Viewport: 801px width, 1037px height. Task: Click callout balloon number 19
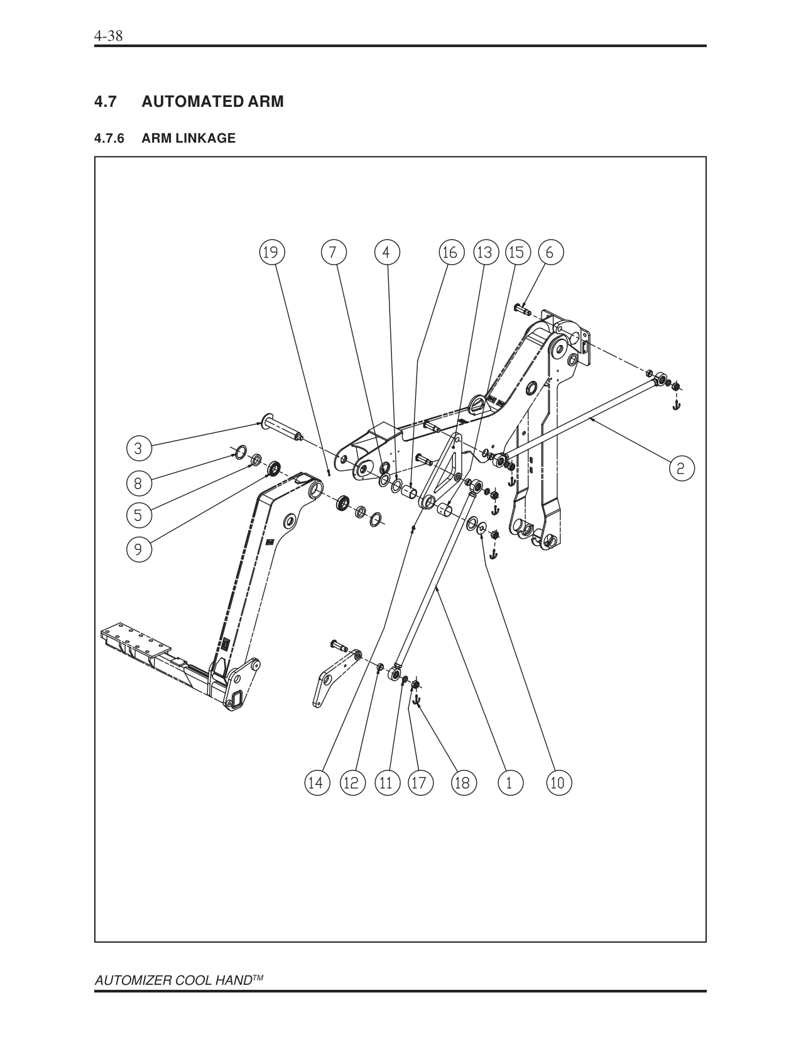click(x=271, y=252)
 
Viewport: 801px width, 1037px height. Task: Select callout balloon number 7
click(x=333, y=252)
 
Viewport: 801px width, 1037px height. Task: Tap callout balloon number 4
click(x=386, y=252)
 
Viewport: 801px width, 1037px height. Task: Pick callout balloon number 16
click(x=450, y=252)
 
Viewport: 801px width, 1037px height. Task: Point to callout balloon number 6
click(x=550, y=252)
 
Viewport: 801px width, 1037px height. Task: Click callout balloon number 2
click(x=681, y=468)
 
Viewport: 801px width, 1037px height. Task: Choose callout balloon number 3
click(x=138, y=448)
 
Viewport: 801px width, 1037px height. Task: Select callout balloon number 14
click(x=316, y=782)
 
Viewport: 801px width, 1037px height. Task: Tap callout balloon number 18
click(x=462, y=782)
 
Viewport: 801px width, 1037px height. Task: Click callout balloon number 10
click(x=558, y=782)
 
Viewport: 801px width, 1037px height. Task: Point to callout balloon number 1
click(x=509, y=782)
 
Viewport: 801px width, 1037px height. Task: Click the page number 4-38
click(x=108, y=36)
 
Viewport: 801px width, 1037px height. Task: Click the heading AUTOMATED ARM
click(x=212, y=101)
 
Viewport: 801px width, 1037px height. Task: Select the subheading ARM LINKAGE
click(x=188, y=138)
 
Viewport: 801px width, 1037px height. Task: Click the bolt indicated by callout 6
click(x=522, y=309)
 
